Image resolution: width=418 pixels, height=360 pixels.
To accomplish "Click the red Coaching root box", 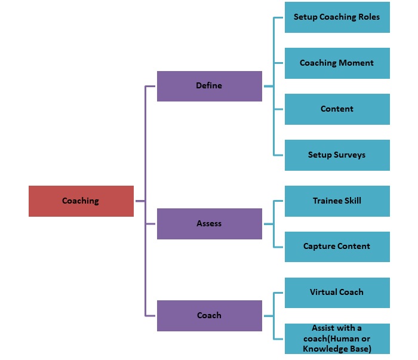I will point(81,201).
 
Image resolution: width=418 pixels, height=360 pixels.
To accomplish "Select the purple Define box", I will point(209,86).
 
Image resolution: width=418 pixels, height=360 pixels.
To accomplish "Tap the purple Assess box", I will point(209,224).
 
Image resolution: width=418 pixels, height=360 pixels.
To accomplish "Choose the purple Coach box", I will point(209,316).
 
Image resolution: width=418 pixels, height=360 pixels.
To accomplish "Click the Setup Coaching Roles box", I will point(337,17).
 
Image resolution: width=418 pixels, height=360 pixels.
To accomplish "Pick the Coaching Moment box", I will point(337,63).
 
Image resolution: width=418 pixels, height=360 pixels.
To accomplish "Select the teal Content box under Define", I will point(337,109).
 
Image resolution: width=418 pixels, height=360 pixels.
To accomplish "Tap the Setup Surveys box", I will point(337,155).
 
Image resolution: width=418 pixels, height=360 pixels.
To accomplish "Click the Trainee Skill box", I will point(337,201).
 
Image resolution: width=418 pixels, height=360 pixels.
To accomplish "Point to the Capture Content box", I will point(337,247).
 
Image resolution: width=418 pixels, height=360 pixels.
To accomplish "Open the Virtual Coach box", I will point(337,293).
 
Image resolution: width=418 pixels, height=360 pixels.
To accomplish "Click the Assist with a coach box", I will point(337,339).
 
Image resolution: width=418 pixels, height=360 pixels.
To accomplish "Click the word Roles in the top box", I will point(367,17).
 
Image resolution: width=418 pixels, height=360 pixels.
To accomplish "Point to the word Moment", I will point(358,63).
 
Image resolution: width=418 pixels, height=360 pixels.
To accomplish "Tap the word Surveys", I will point(349,155).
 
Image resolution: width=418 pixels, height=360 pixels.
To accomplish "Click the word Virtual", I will point(324,293).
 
